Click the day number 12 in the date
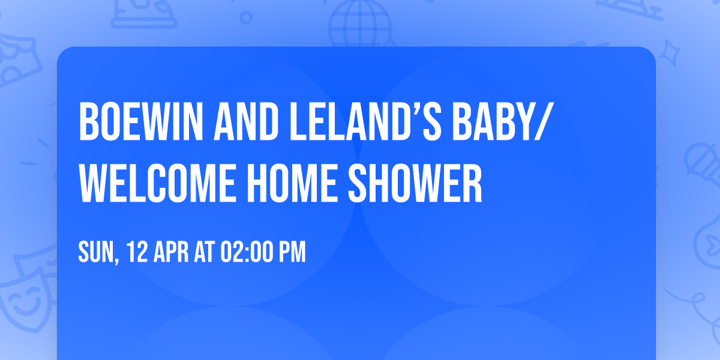click(x=136, y=252)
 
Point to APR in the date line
click(x=170, y=252)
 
